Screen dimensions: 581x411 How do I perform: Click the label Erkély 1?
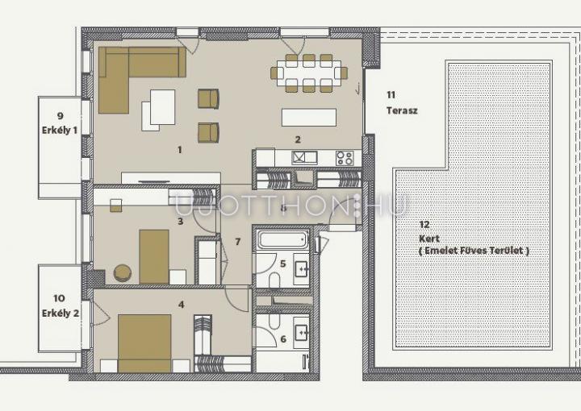click(60, 131)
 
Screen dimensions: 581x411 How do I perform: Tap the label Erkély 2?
click(61, 313)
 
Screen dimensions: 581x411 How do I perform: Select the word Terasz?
click(402, 110)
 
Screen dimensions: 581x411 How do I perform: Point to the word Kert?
click(429, 239)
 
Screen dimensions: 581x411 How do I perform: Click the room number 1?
click(180, 150)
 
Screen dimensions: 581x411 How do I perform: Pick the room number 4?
click(182, 305)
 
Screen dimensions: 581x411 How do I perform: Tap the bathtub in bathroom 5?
click(282, 239)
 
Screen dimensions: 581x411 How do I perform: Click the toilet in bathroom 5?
click(274, 280)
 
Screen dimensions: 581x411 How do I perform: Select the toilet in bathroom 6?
click(274, 321)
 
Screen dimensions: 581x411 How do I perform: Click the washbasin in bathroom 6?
click(301, 333)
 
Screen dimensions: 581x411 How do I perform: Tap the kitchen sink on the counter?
click(304, 158)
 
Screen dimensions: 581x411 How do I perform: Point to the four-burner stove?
click(345, 158)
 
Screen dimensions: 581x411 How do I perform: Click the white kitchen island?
click(309, 118)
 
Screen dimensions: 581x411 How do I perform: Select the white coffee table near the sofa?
click(162, 107)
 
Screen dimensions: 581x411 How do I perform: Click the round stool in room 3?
click(123, 273)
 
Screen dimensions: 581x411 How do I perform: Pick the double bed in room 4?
click(144, 343)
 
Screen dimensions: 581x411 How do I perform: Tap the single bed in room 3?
click(154, 257)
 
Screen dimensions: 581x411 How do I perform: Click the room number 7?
click(238, 242)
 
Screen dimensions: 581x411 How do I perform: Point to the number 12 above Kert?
click(424, 224)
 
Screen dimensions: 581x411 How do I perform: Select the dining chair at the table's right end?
click(345, 73)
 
